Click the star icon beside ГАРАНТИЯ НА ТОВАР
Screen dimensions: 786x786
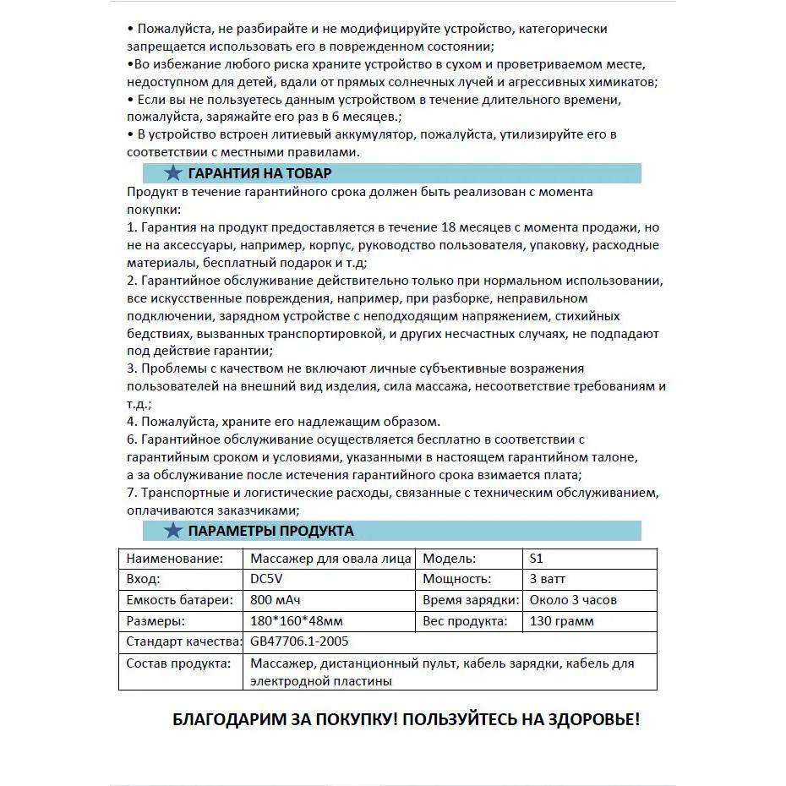coord(173,173)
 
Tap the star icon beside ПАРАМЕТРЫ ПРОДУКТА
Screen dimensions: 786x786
coord(173,531)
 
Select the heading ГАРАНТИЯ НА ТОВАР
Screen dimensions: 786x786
coord(259,173)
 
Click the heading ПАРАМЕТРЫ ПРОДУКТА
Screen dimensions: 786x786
coord(270,531)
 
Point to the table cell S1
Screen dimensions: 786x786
coord(537,559)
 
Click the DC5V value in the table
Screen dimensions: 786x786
coord(269,579)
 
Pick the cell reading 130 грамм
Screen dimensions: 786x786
coord(561,621)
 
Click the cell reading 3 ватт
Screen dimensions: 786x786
coord(548,579)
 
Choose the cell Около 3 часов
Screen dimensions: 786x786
coord(573,600)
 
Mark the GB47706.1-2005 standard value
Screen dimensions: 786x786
coord(299,641)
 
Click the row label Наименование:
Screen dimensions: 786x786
coord(175,559)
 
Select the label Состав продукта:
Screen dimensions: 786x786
coord(178,663)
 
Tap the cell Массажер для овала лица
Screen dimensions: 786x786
coord(330,559)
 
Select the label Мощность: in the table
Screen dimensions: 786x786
coord(456,579)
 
